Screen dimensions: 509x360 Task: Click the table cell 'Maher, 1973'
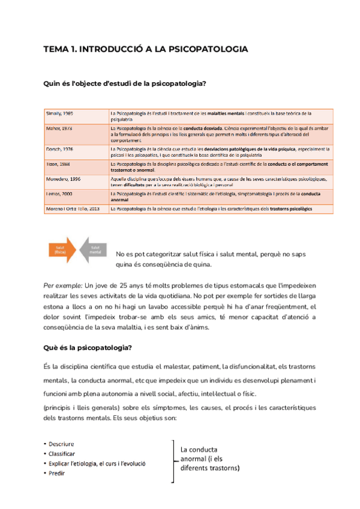click(x=60, y=128)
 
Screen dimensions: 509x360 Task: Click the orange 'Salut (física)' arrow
click(x=59, y=249)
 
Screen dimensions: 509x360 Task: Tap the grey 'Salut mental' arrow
click(x=94, y=249)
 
